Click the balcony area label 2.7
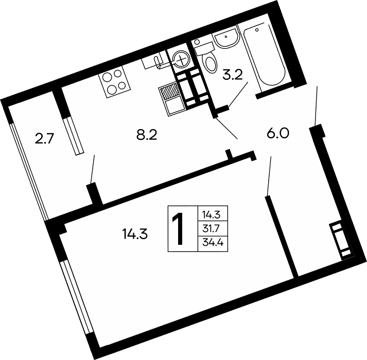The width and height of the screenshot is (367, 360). [44, 138]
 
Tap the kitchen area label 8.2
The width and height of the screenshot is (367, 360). [147, 135]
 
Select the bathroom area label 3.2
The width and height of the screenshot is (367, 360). [233, 75]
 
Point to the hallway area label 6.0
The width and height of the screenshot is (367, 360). [278, 134]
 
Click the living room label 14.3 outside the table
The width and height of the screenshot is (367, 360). [135, 234]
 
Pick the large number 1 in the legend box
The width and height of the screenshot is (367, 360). [178, 229]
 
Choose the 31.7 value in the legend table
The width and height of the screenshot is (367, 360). [211, 228]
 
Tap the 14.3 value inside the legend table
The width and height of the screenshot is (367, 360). [212, 214]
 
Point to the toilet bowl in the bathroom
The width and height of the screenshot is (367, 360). [211, 62]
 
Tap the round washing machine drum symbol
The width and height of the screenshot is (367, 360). [181, 59]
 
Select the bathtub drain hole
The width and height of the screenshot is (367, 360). [257, 30]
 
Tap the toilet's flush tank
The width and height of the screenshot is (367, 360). [205, 49]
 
